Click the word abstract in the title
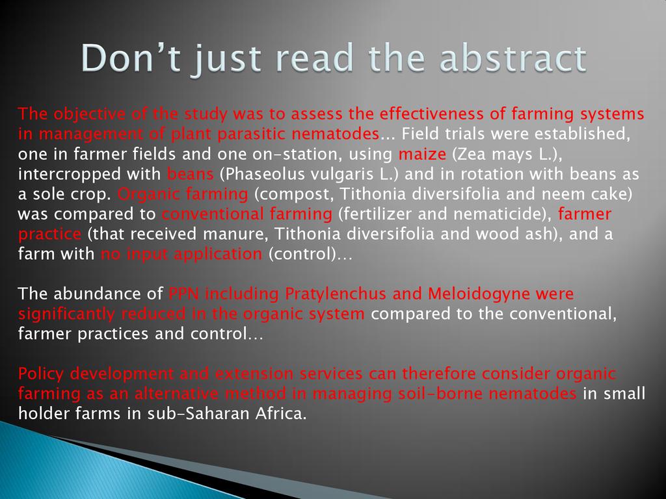(513, 58)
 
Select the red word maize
(422, 153)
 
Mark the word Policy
(41, 374)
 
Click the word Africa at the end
(281, 413)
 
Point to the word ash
(538, 234)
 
